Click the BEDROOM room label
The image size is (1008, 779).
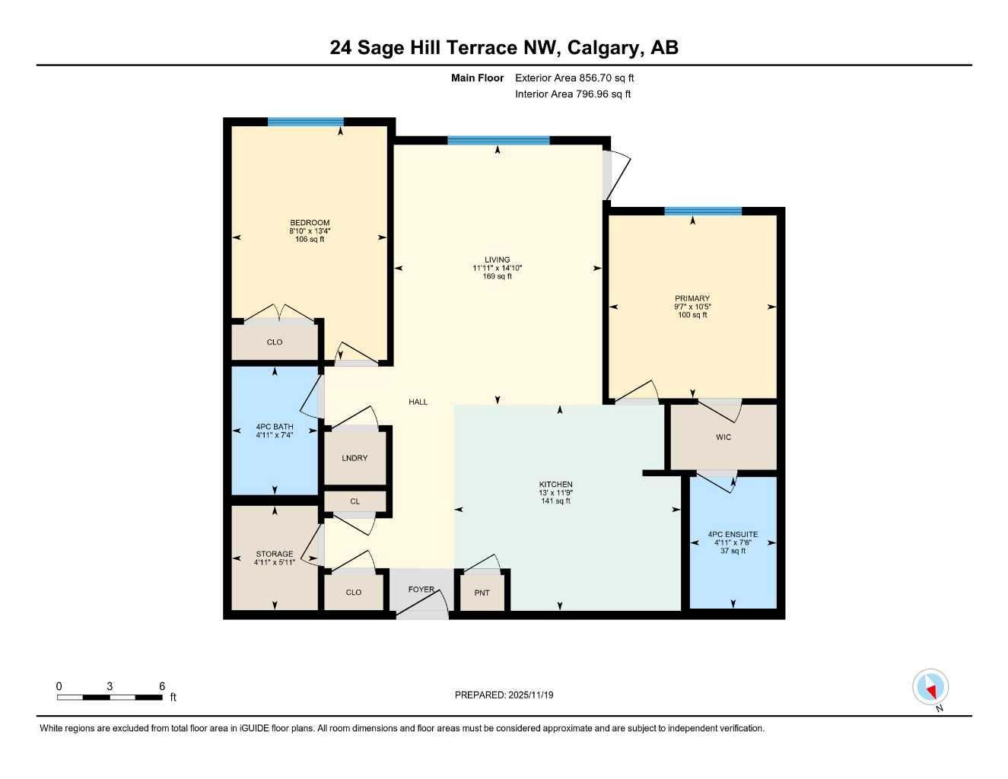pyautogui.click(x=310, y=223)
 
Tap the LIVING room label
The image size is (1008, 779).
pyautogui.click(x=498, y=259)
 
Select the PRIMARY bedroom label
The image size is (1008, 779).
pyautogui.click(x=692, y=298)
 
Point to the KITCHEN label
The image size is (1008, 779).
pyautogui.click(x=556, y=485)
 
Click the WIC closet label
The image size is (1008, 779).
pyautogui.click(x=723, y=437)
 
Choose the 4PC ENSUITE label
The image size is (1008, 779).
pyautogui.click(x=733, y=535)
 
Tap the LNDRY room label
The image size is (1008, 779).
pyautogui.click(x=355, y=458)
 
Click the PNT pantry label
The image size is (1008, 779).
pyautogui.click(x=482, y=593)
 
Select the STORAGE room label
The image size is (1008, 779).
pyautogui.click(x=274, y=555)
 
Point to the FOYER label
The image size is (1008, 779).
pyautogui.click(x=421, y=590)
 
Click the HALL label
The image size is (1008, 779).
pyautogui.click(x=418, y=402)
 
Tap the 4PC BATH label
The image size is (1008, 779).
pyautogui.click(x=275, y=427)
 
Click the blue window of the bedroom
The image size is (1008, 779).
pyautogui.click(x=305, y=122)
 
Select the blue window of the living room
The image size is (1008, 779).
pyautogui.click(x=498, y=140)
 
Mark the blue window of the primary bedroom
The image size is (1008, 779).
pyautogui.click(x=702, y=211)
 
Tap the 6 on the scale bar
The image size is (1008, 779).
pyautogui.click(x=162, y=686)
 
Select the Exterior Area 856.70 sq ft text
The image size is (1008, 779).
pyautogui.click(x=574, y=78)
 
